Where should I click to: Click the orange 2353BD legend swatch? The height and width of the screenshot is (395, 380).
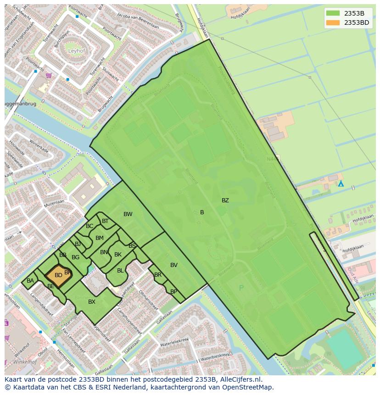click(x=334, y=22)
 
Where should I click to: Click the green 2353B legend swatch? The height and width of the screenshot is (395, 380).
click(x=334, y=13)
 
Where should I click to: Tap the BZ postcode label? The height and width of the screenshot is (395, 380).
click(x=225, y=200)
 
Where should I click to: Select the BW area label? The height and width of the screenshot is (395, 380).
click(x=128, y=214)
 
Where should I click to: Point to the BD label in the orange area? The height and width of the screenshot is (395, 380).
click(x=58, y=275)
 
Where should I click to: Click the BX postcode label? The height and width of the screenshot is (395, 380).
click(x=92, y=302)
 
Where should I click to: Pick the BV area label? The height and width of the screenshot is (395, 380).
click(x=173, y=265)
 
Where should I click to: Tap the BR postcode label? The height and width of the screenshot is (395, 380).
click(x=158, y=275)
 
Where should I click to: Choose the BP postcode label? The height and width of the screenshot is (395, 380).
click(x=173, y=292)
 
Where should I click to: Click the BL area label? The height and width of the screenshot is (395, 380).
click(x=120, y=271)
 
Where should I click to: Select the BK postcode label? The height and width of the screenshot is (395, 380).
click(x=118, y=255)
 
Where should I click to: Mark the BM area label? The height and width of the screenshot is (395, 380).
click(x=99, y=238)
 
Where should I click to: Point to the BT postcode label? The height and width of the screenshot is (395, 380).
click(x=105, y=221)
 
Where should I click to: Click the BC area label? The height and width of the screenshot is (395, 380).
click(x=89, y=226)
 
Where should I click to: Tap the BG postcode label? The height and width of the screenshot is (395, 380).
click(x=75, y=257)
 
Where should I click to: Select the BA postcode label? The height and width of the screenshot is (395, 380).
click(x=30, y=281)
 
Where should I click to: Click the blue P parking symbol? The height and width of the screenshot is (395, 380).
click(x=241, y=288)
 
